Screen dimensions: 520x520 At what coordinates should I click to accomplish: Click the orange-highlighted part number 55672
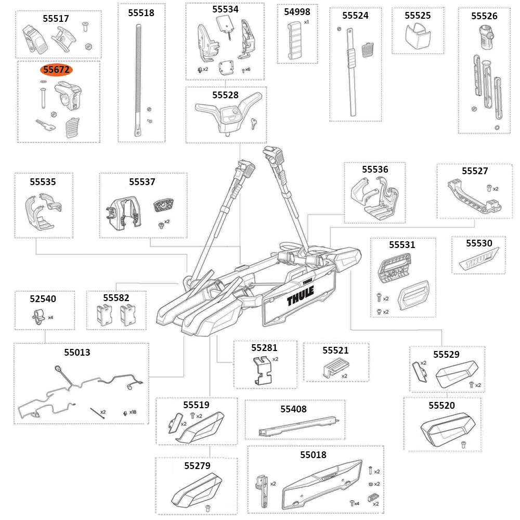[57, 69]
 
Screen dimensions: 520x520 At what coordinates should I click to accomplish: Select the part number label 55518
[141, 13]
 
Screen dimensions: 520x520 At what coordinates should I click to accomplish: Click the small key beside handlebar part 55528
[253, 122]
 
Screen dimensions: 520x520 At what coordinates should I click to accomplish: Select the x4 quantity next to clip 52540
[50, 317]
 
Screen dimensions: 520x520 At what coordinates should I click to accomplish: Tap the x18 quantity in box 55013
[133, 412]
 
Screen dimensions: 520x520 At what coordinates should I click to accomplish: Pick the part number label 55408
[294, 409]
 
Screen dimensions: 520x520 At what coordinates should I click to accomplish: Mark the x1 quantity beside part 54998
[306, 22]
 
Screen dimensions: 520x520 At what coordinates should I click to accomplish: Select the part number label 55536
[375, 170]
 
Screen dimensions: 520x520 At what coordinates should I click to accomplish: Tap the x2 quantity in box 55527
[496, 189]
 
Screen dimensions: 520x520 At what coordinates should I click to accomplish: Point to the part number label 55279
[197, 465]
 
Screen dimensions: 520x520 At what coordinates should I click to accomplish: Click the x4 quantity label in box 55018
[357, 503]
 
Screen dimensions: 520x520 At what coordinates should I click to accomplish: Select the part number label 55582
[116, 298]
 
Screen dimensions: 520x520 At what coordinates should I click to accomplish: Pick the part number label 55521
[335, 350]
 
